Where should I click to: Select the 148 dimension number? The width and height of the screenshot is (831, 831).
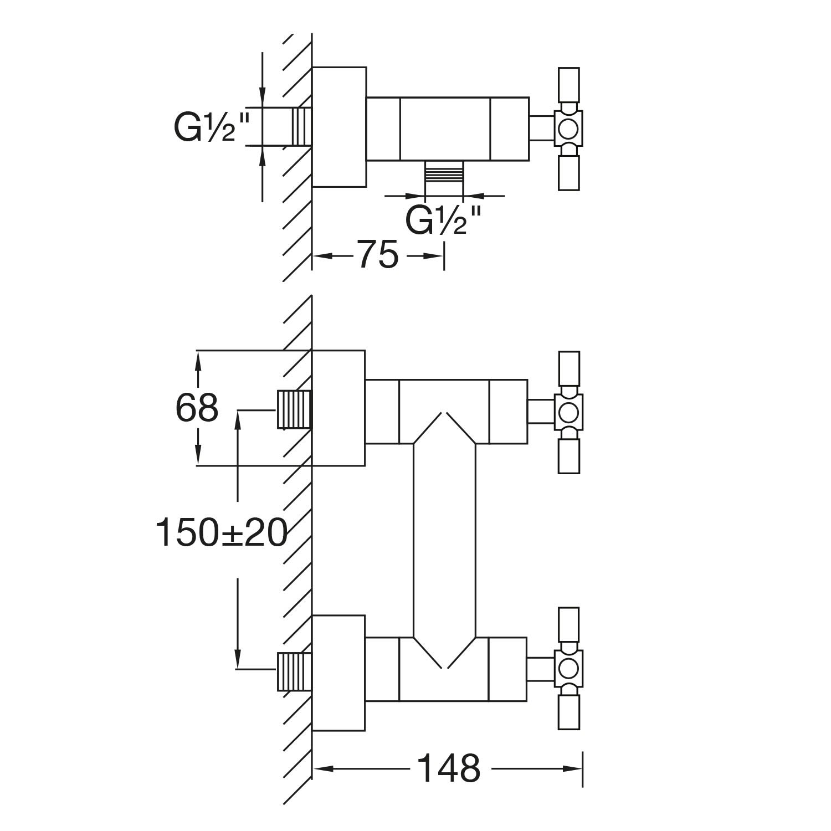coord(448,768)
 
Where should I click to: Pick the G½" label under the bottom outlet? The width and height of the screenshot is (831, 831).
coord(443,220)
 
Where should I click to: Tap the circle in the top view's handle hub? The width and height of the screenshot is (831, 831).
coord(568,129)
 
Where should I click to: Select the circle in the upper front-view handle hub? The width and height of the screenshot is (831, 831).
coord(568,412)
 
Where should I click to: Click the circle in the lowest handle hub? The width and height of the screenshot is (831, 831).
coord(568,669)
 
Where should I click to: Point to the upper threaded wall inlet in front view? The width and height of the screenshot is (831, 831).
coord(294,410)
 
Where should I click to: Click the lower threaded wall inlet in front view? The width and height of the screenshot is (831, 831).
coord(294,671)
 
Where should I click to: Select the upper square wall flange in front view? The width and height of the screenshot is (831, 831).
coord(338,408)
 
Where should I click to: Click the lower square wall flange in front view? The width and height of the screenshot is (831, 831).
coord(338,673)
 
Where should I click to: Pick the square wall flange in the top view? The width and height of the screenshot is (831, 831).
coord(339,127)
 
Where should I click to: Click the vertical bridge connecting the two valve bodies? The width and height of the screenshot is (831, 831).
coord(444,540)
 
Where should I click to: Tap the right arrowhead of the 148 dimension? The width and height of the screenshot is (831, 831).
coord(573,768)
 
